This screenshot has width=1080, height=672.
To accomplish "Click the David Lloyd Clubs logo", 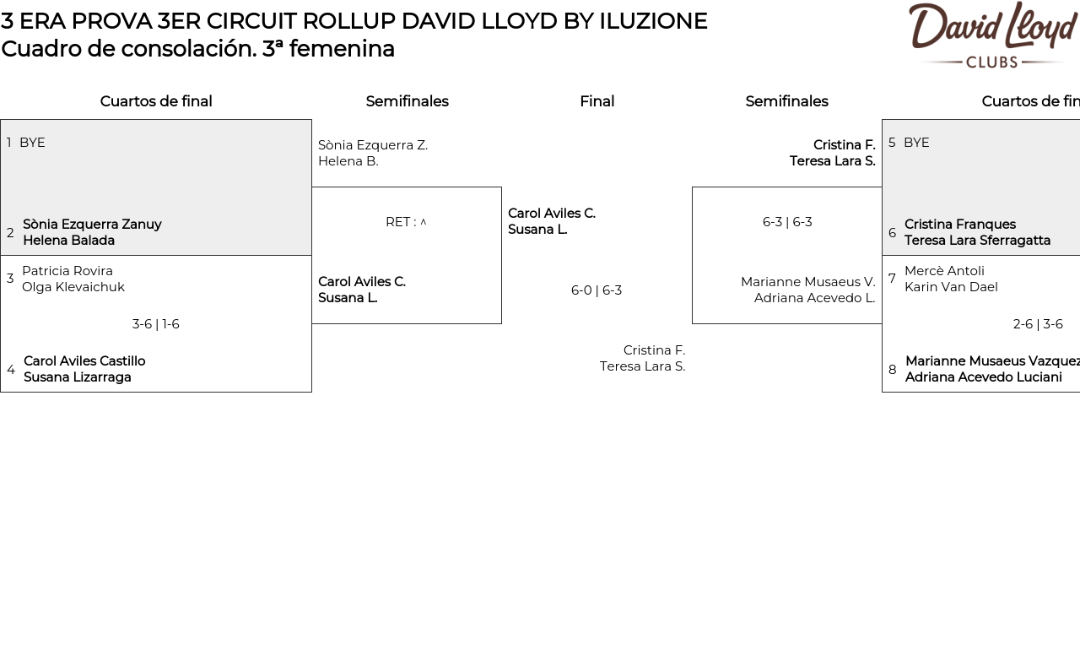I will [992, 34].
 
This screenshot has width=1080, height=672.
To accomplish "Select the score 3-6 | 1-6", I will [155, 324].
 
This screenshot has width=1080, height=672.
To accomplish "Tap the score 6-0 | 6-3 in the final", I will [597, 290].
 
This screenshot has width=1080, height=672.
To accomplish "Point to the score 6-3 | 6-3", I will [787, 222].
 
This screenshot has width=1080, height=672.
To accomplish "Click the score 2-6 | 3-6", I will [1038, 324].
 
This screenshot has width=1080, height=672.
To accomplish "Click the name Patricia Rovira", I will [67, 271].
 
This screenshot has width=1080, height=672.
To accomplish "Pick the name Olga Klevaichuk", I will [73, 287].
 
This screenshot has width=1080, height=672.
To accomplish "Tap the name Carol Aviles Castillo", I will [84, 361].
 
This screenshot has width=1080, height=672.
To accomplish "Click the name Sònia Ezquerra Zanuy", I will [92, 225].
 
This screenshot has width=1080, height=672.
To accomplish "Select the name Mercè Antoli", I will [944, 271].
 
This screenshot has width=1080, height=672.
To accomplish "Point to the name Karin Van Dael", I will [951, 287].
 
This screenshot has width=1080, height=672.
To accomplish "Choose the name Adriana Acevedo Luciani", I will [984, 377].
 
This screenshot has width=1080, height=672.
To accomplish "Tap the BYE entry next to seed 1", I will [32, 143].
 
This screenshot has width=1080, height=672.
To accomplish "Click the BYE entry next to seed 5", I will [916, 143].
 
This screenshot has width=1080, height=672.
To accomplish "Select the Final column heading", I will [597, 101].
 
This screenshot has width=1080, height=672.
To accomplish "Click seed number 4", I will [11, 370].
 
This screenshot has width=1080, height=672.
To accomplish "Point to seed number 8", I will [893, 370].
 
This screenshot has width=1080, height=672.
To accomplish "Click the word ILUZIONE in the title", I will [653, 21].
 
